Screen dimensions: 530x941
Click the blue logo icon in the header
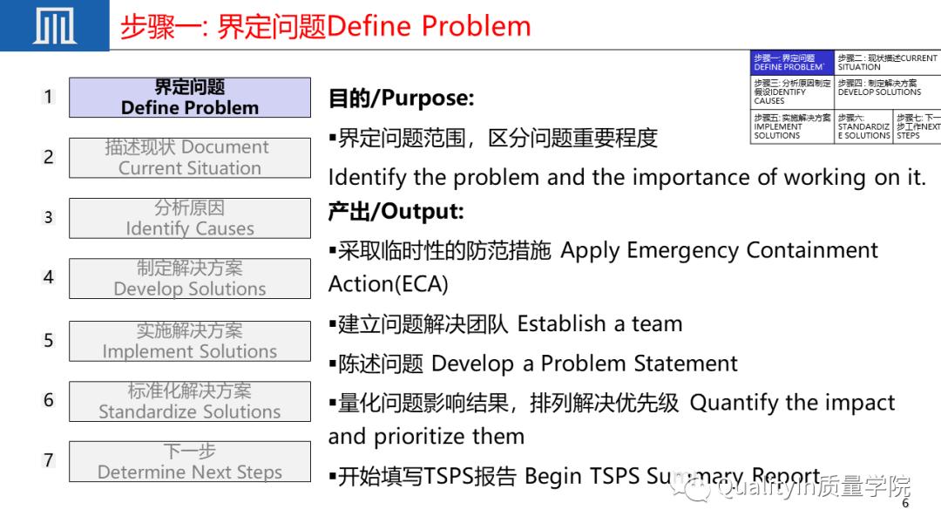54,25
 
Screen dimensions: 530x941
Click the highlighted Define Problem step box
190,98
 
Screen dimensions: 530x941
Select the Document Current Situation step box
190,158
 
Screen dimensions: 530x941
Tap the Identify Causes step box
190,218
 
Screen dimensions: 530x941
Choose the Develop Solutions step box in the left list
190,278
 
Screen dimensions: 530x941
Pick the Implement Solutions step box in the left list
190,341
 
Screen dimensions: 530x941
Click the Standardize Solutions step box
190,401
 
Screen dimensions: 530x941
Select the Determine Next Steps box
190,461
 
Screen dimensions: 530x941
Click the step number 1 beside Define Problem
49,97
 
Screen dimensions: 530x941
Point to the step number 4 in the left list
49,277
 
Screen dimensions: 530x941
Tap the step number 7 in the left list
49,460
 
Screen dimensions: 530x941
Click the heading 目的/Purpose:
401,99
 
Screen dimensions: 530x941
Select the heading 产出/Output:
396,211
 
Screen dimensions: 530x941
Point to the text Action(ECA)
388,284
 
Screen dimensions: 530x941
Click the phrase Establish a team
599,324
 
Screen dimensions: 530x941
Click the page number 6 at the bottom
905,504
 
